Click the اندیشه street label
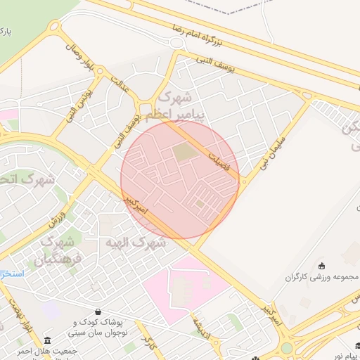[200, 323]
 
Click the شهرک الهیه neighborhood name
[136, 243]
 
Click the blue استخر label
[11, 273]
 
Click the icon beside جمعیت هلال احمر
[47, 340]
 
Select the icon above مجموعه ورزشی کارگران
[322, 265]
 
